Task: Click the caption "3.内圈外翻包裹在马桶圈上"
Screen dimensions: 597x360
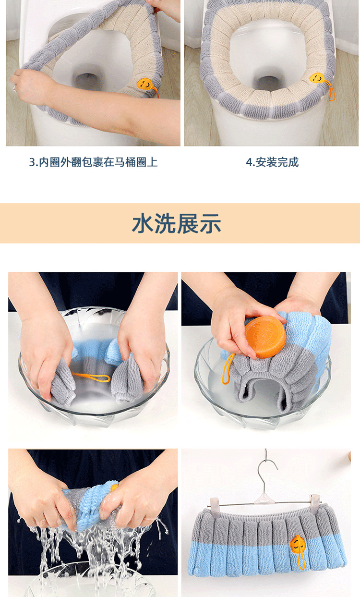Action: pyautogui.click(x=93, y=162)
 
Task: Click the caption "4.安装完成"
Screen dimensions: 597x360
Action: pyautogui.click(x=272, y=162)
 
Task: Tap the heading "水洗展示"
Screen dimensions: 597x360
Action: pyautogui.click(x=177, y=224)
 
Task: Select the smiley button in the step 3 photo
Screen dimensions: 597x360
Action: pyautogui.click(x=146, y=84)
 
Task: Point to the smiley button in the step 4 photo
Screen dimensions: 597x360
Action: pyautogui.click(x=317, y=78)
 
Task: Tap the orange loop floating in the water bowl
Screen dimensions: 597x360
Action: pyautogui.click(x=91, y=376)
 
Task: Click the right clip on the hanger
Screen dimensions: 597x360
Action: pyautogui.click(x=314, y=500)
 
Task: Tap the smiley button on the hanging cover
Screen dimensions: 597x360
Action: pyautogui.click(x=298, y=544)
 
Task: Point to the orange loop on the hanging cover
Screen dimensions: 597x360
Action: pyautogui.click(x=300, y=561)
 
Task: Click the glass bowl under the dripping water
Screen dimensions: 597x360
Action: pyautogui.click(x=91, y=584)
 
